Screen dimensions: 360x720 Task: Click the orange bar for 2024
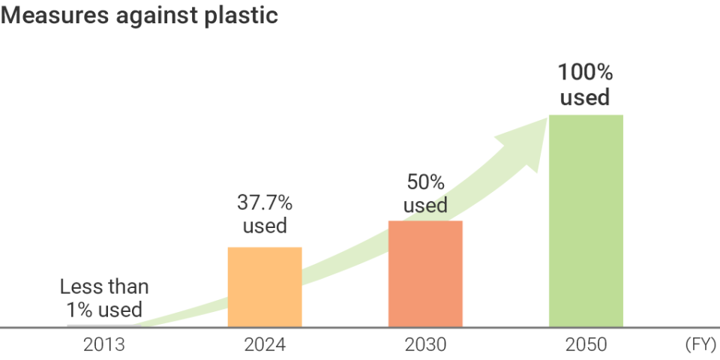click(x=265, y=287)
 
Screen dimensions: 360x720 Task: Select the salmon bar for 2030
click(x=425, y=274)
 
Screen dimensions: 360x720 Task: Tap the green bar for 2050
click(x=586, y=221)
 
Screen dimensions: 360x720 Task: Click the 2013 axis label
click(x=104, y=346)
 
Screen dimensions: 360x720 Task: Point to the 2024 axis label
click(x=265, y=346)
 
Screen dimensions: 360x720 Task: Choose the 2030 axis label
click(x=425, y=346)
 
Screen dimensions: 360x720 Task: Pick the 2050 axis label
click(x=586, y=346)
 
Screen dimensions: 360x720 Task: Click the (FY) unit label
click(x=700, y=346)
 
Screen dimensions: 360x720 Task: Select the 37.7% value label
click(x=265, y=202)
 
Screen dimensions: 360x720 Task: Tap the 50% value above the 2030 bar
click(x=425, y=182)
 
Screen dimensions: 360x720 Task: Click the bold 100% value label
click(x=586, y=73)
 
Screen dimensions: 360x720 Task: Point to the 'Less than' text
click(x=104, y=286)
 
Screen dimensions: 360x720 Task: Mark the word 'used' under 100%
click(x=586, y=98)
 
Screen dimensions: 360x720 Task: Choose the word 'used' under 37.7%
click(x=265, y=226)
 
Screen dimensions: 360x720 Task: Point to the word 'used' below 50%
click(x=425, y=205)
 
